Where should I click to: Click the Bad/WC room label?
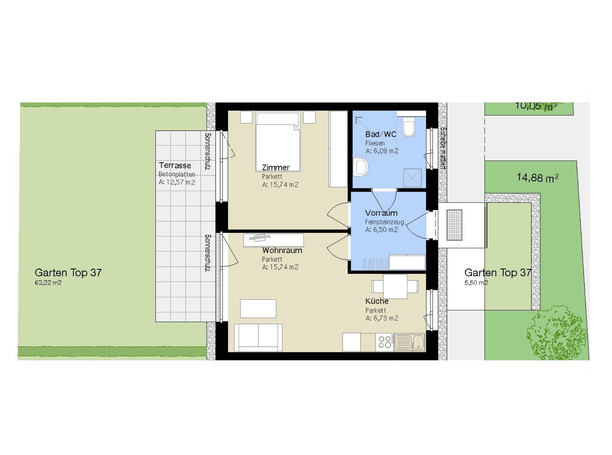[381, 134]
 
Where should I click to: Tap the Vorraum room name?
[381, 213]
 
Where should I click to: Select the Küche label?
[377, 301]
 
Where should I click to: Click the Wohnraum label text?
[282, 250]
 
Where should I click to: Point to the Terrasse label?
[175, 165]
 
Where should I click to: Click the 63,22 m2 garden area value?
[48, 282]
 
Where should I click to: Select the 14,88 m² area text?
[537, 178]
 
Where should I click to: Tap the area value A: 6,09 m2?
[382, 151]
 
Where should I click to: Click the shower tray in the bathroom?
[412, 178]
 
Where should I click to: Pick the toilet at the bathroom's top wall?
[409, 127]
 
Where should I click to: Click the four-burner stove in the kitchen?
[385, 342]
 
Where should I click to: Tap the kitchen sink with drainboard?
[409, 342]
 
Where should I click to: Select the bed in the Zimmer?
[278, 142]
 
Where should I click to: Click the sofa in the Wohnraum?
[258, 337]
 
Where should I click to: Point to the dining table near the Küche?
[395, 287]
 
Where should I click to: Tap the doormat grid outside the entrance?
[454, 225]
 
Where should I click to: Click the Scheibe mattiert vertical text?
[443, 148]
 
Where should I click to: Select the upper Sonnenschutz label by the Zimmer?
[208, 151]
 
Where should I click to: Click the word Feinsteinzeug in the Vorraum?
[384, 222]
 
